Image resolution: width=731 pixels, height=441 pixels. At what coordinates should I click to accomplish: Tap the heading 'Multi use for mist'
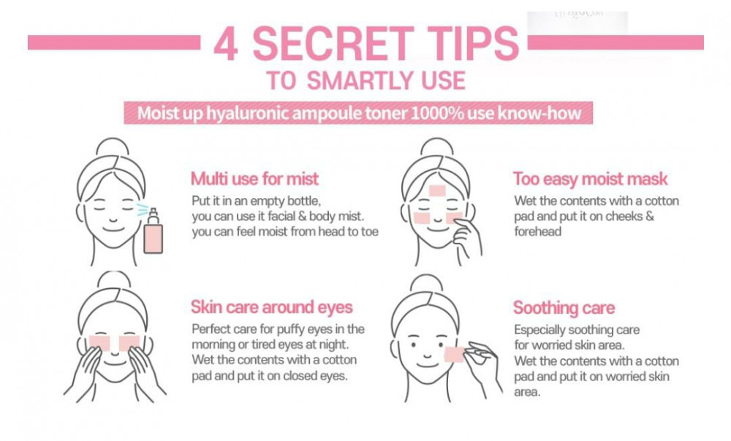tap(254, 178)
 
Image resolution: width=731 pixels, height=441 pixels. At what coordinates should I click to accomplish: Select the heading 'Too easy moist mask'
tap(590, 179)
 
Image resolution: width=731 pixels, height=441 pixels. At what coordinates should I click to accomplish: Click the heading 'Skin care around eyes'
tap(271, 307)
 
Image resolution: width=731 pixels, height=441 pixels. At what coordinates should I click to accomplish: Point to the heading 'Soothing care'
tap(564, 308)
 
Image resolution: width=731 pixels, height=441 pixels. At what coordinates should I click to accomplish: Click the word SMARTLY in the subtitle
tap(360, 80)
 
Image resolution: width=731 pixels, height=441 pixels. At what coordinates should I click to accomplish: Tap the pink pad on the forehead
tap(437, 190)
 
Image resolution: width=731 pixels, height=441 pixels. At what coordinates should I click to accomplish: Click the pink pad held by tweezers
tap(454, 354)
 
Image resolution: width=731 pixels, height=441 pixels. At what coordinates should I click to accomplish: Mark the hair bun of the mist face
tap(111, 147)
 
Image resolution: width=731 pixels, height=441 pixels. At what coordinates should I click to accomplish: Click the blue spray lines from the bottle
tap(143, 209)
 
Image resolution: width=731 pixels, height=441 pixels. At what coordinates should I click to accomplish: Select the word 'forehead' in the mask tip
tap(537, 232)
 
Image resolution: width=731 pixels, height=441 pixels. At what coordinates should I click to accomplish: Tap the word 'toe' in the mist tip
tap(370, 232)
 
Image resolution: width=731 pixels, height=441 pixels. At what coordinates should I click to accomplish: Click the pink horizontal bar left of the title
tap(114, 42)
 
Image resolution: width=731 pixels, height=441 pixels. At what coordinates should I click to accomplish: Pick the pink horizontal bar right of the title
tap(616, 42)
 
